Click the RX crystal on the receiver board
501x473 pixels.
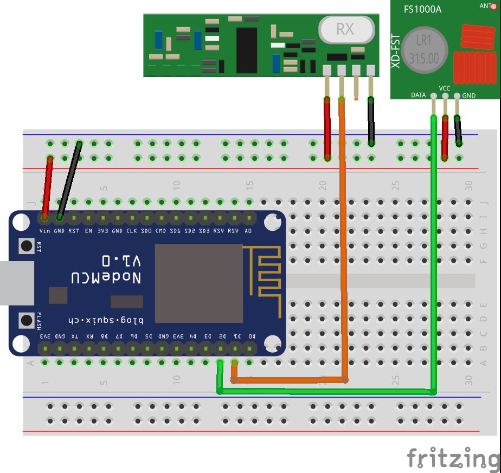[x=346, y=29]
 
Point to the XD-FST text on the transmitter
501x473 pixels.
[x=396, y=51]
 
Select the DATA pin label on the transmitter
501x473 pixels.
[x=418, y=95]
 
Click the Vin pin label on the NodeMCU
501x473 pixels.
[x=45, y=231]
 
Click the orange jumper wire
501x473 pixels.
[x=343, y=244]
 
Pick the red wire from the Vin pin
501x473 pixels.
[x=48, y=187]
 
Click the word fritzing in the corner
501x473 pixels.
[x=453, y=458]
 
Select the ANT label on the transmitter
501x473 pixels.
[x=484, y=6]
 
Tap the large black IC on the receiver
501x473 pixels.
[x=247, y=50]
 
